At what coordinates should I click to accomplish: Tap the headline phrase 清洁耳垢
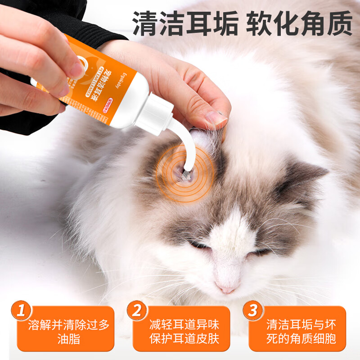point(185,23)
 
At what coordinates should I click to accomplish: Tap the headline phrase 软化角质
point(299,23)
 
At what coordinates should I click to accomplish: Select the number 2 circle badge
point(136,310)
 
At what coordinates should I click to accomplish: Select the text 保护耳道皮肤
point(184,339)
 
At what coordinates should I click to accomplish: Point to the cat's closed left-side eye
point(198,245)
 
